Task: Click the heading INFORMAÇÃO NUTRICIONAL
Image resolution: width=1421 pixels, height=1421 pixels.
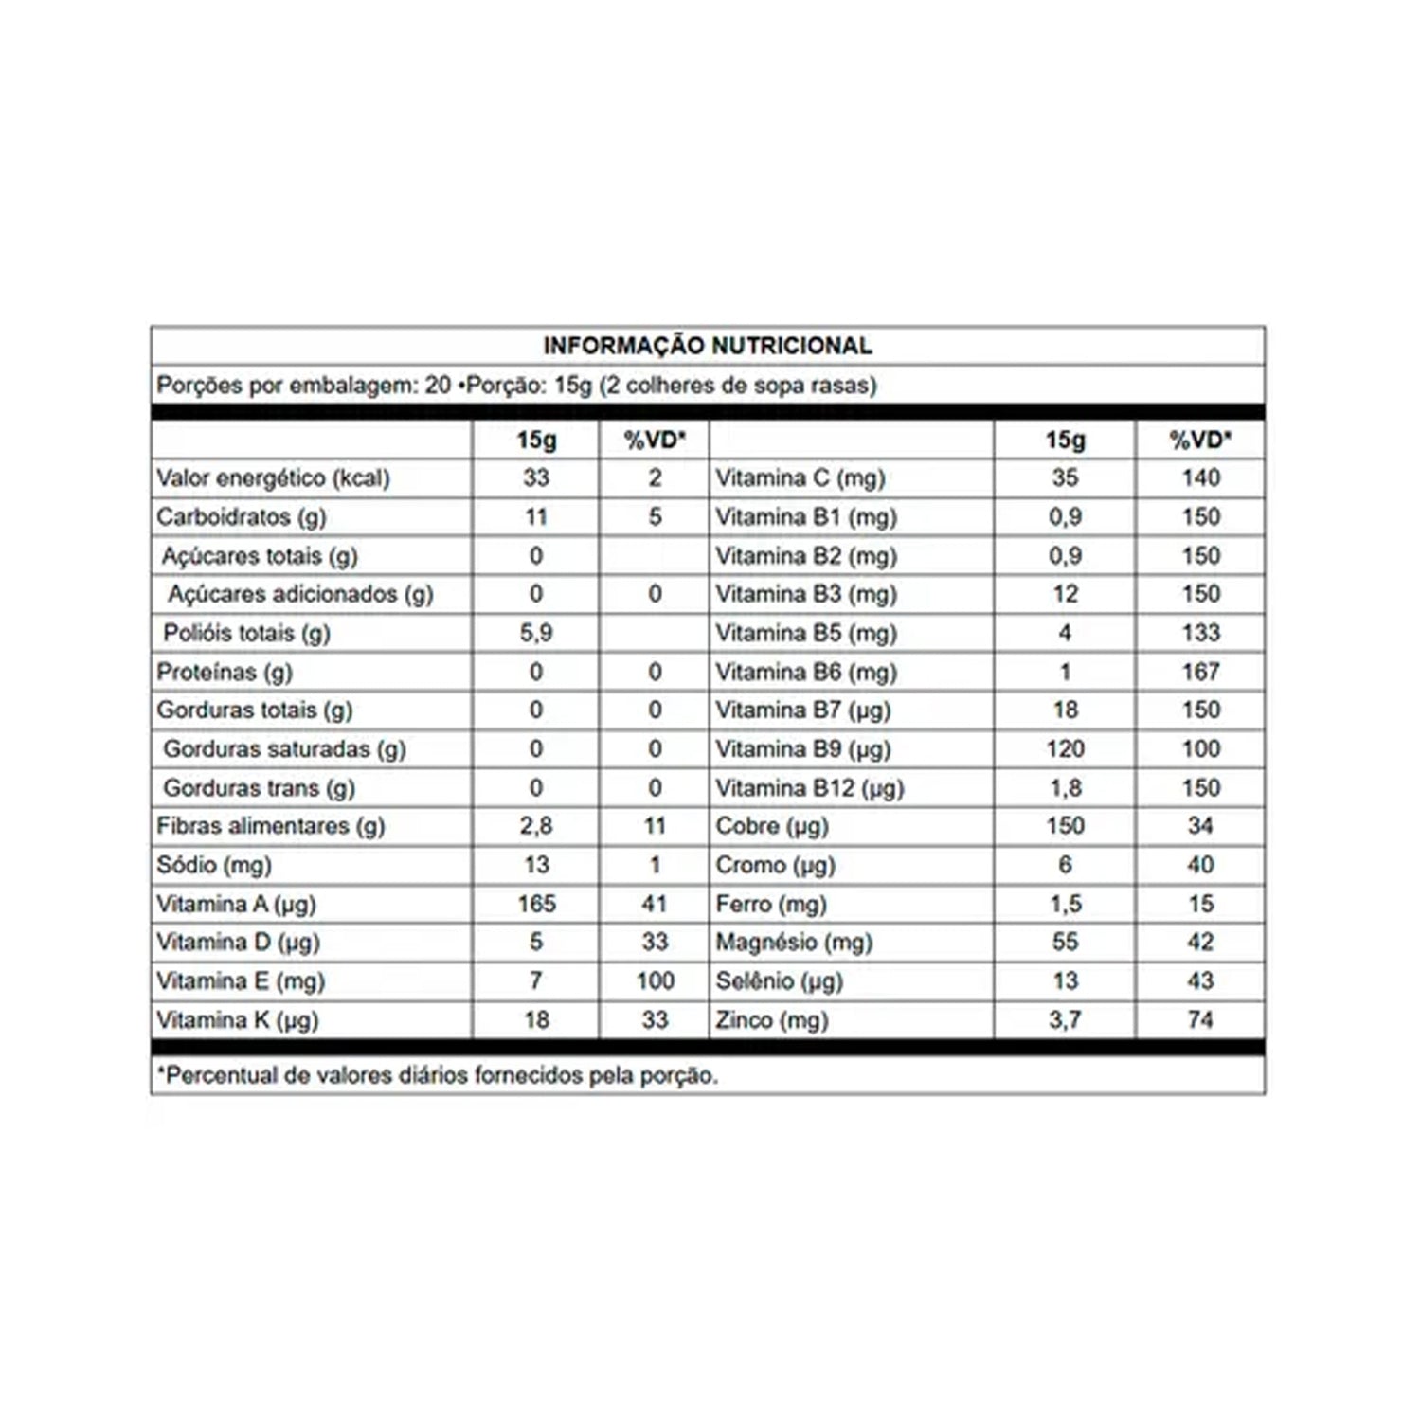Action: pos(707,346)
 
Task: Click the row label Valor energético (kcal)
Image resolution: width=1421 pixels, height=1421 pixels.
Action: pos(273,478)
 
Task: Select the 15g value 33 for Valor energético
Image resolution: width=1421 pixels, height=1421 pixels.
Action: pos(535,478)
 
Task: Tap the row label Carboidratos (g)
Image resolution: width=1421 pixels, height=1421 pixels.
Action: pos(241,517)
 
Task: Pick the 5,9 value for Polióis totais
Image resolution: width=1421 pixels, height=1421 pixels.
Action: pos(535,633)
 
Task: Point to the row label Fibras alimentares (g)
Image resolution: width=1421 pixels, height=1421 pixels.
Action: pos(271,826)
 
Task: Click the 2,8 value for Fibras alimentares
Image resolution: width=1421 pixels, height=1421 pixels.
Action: pos(535,826)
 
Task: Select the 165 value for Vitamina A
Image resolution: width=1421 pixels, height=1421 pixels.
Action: pos(535,904)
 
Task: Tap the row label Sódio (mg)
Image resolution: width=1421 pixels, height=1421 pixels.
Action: pos(214,865)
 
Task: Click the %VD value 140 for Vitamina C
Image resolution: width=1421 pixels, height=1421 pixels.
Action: pos(1200,478)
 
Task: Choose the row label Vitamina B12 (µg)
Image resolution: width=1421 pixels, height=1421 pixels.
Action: pos(809,788)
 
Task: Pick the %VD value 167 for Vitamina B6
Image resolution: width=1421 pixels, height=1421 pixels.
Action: pos(1200,672)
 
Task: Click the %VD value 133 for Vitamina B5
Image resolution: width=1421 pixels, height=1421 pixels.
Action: pos(1200,633)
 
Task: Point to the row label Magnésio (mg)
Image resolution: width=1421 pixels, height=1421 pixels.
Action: pos(794,943)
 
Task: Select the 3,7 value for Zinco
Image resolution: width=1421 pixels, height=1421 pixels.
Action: pos(1065,1020)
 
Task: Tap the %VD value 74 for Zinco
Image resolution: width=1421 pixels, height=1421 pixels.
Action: pos(1200,1020)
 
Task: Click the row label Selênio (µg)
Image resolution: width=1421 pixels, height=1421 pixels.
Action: pos(779,981)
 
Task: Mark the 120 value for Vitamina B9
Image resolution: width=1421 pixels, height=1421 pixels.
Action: pos(1065,749)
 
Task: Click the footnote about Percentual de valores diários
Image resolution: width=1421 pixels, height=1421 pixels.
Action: pos(438,1076)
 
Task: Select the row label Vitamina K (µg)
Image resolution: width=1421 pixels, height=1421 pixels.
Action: pos(237,1020)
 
